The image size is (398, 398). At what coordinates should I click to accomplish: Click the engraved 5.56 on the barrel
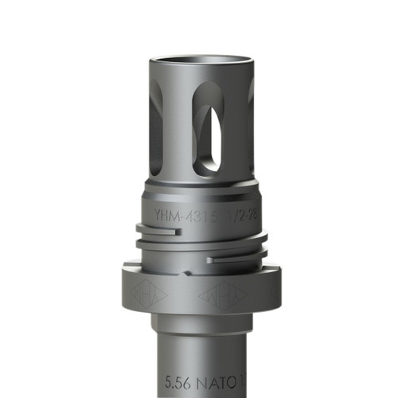(178, 380)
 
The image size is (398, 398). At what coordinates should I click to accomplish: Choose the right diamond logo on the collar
(222, 295)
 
